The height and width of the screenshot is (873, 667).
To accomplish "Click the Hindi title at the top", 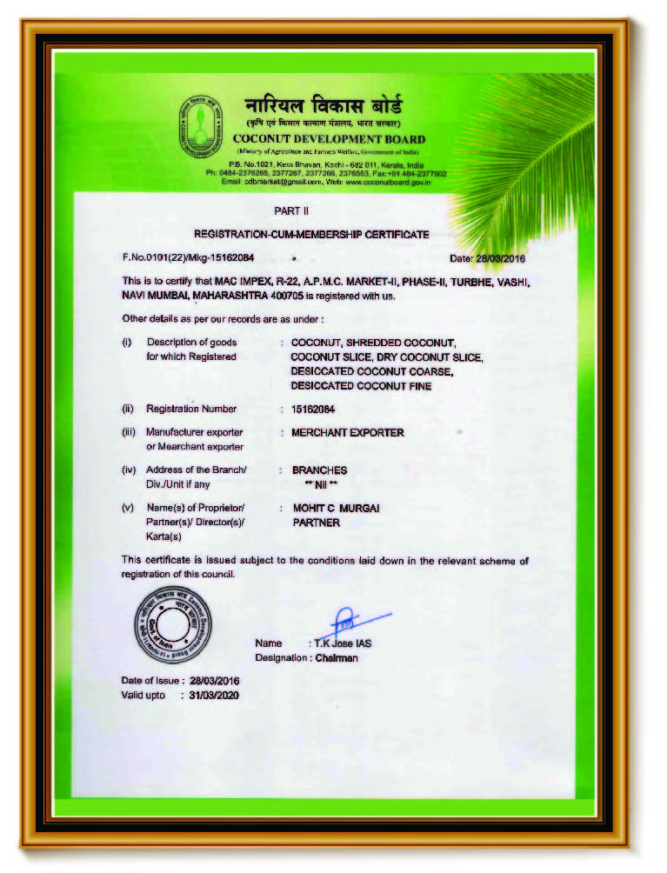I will pyautogui.click(x=323, y=108).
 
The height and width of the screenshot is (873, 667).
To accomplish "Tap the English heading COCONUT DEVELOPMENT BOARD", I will pyautogui.click(x=329, y=139).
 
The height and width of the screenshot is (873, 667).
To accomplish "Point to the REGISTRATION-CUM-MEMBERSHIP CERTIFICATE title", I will pyautogui.click(x=310, y=234).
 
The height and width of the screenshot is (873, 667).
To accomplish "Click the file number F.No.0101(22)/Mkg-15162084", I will pyautogui.click(x=188, y=258).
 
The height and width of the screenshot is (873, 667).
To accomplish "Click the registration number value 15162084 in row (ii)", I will pyautogui.click(x=313, y=409).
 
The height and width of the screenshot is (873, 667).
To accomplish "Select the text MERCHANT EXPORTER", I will pyautogui.click(x=348, y=432).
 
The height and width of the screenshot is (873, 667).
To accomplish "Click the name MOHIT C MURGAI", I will pyautogui.click(x=335, y=508).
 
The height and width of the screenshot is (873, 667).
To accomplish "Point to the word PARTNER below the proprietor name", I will pyautogui.click(x=316, y=523).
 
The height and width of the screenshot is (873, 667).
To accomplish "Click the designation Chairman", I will pyautogui.click(x=336, y=658).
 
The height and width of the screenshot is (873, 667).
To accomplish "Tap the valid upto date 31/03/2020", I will pyautogui.click(x=213, y=696).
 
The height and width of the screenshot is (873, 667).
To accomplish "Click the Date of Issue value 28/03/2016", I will pyautogui.click(x=214, y=680).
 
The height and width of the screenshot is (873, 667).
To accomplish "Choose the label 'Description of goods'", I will pyautogui.click(x=191, y=343).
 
